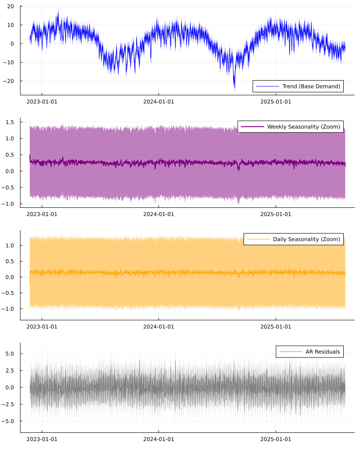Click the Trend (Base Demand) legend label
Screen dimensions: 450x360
coord(311,86)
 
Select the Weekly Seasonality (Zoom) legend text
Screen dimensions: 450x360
coord(304,126)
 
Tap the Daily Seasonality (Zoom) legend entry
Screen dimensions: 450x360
coord(306,239)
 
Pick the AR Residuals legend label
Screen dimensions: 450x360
coord(323,352)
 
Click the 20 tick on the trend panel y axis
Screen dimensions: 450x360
coord(10,6)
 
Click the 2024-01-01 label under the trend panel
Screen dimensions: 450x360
coord(158,101)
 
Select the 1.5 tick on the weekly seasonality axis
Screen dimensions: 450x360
coord(10,122)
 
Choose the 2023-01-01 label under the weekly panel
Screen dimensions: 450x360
coord(42,214)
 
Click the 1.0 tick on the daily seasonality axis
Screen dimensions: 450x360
coord(10,245)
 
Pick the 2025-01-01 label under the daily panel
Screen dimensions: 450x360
coord(276,326)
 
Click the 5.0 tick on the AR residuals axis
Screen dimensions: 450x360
coord(10,354)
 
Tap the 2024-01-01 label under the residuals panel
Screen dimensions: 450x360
coord(158,439)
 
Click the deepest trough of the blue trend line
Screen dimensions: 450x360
coord(234,89)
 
